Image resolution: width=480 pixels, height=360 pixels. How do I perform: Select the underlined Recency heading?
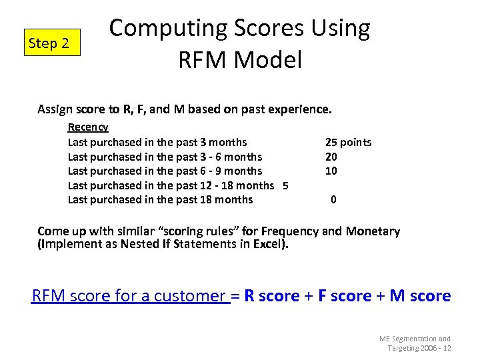click(88, 127)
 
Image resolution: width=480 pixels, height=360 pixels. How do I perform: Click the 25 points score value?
click(348, 142)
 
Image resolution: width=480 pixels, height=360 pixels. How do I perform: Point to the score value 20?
click(331, 157)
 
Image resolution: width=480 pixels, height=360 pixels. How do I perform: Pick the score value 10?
click(331, 171)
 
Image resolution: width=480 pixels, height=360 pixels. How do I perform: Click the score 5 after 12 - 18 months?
click(285, 185)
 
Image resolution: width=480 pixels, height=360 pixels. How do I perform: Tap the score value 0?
click(333, 199)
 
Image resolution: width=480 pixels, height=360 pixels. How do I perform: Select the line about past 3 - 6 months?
click(165, 157)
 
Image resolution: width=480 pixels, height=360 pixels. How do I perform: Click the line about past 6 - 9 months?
click(165, 171)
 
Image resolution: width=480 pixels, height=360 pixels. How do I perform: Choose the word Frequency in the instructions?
click(290, 231)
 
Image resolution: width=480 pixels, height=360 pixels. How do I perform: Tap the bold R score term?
click(272, 296)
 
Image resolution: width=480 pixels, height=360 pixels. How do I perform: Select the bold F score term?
click(346, 296)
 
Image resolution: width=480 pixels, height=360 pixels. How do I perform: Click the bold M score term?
click(420, 296)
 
